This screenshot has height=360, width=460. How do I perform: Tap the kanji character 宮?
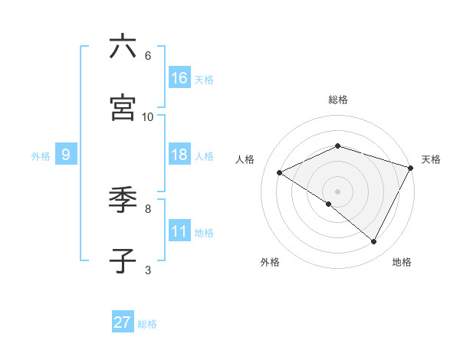123,108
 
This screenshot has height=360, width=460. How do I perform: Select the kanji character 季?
123,200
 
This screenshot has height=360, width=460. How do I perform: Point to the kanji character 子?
123,261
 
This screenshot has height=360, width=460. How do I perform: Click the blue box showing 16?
179,78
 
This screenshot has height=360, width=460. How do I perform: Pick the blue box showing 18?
179,155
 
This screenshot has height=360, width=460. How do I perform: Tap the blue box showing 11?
179,231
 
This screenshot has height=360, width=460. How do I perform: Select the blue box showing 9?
66,155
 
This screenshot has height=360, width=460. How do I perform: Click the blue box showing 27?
123,322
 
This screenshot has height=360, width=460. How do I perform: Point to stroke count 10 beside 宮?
148,117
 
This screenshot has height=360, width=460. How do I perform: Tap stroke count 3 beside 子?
148,270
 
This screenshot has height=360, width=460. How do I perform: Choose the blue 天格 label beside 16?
204,79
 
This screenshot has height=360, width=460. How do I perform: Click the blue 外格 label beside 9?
41,155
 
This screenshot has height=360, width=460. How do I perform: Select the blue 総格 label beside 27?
147,324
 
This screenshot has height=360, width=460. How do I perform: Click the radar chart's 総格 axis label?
338,100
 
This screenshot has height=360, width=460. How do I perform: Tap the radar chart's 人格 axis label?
245,159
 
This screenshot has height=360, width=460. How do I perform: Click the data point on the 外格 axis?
329,204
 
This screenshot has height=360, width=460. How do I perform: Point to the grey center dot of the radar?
338,191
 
